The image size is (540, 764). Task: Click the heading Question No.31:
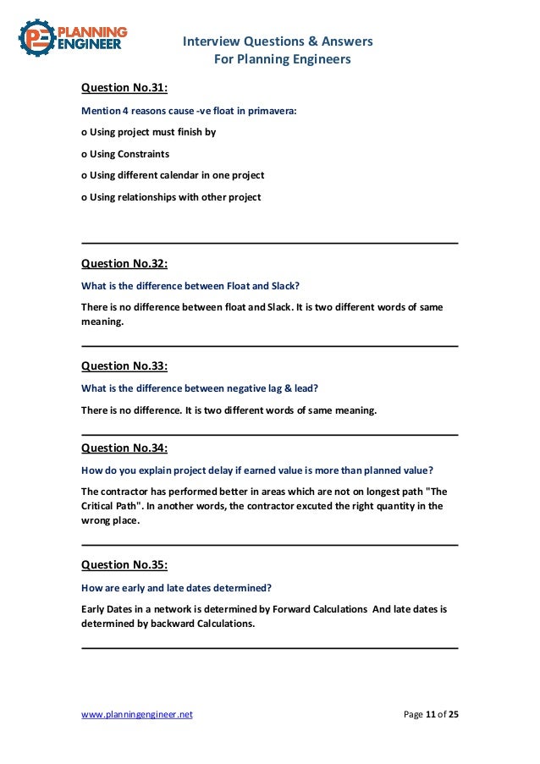tap(124, 87)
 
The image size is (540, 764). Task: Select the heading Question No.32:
tap(124, 263)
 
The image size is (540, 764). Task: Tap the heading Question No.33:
tap(124, 366)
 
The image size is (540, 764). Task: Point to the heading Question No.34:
tap(124, 448)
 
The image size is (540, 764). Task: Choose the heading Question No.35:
tap(124, 564)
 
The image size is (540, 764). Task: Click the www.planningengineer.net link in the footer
tap(136, 715)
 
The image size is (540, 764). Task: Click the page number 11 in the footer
tap(430, 715)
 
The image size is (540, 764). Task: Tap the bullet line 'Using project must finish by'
tap(148, 132)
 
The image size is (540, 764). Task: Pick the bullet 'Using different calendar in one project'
tap(173, 175)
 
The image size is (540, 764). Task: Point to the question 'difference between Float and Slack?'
tap(190, 285)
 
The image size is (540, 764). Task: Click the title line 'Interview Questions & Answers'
tap(278, 41)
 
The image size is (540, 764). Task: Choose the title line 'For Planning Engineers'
tap(278, 59)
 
